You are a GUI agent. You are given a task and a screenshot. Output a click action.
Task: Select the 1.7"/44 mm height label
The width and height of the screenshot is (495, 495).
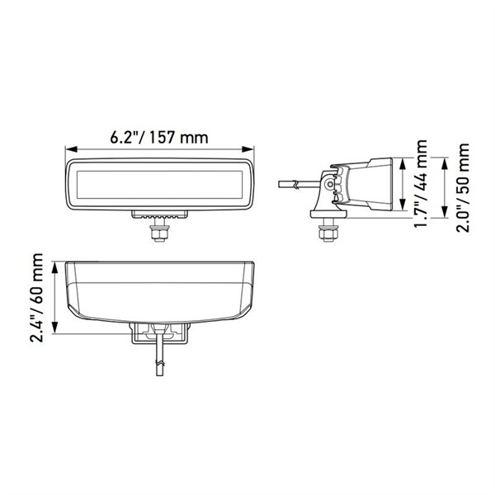tap(422, 189)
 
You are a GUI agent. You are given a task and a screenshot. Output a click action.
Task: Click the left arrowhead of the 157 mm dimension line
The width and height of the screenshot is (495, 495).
tap(69, 149)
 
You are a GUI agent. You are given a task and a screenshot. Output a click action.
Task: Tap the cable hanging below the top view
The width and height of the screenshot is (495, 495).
tap(159, 363)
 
